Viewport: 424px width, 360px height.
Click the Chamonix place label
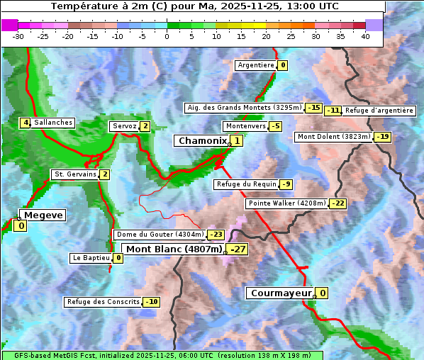[x=202, y=141]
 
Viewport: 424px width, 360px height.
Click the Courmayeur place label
[x=281, y=293]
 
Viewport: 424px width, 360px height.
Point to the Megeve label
[x=43, y=215]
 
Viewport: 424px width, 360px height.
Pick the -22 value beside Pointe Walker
[x=338, y=203]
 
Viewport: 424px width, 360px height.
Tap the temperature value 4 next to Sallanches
[x=26, y=123]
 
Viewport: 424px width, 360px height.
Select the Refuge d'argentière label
[x=379, y=111]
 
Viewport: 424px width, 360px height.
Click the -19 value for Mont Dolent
[x=383, y=137]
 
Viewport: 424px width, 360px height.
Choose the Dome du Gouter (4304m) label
[x=160, y=235]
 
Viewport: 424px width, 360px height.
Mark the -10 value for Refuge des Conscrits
[x=151, y=302]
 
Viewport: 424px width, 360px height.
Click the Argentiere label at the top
[x=256, y=65]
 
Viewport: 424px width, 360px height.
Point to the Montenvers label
[x=245, y=126]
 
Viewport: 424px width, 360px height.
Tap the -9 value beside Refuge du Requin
[x=286, y=184]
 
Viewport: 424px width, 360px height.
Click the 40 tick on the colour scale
[x=365, y=35]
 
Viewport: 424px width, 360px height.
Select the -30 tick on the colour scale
[x=18, y=35]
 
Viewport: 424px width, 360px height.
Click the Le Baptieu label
[x=91, y=258]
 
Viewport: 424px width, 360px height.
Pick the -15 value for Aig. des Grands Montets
[x=314, y=108]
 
